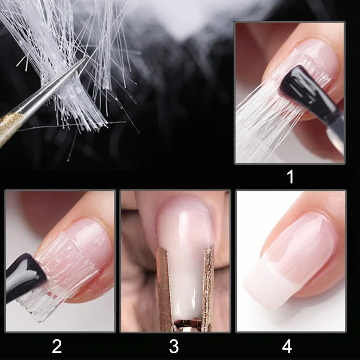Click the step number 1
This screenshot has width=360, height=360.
point(290,176)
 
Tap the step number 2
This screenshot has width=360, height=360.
point(57,346)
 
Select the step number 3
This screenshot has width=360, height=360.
point(174,346)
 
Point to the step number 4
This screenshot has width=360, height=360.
point(287,346)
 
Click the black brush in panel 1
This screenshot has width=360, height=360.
point(308,92)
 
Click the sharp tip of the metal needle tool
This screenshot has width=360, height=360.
point(86,58)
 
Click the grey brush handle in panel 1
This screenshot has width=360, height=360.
point(336,135)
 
